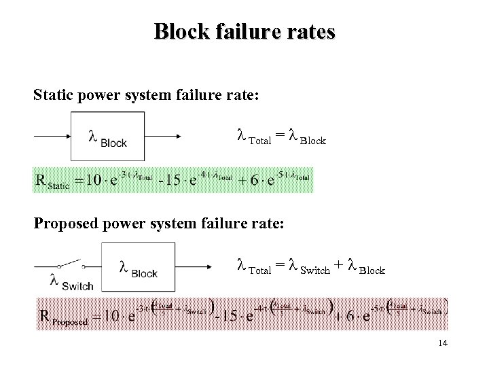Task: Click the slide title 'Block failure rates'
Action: pyautogui.click(x=244, y=32)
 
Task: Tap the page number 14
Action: pyautogui.click(x=443, y=343)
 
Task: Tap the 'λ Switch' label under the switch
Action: pyautogui.click(x=71, y=282)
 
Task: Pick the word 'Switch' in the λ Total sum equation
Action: pyautogui.click(x=314, y=270)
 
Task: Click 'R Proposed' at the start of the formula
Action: pyautogui.click(x=65, y=317)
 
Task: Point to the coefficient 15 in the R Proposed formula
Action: pyautogui.click(x=231, y=316)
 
